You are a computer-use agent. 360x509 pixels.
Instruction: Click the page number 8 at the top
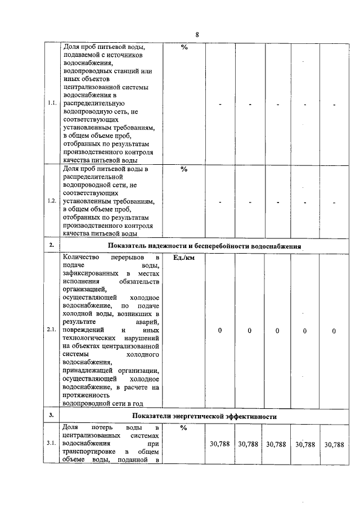click(x=197, y=35)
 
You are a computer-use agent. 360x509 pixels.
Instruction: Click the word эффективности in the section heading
click(x=250, y=416)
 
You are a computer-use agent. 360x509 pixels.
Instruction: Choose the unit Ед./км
click(x=183, y=258)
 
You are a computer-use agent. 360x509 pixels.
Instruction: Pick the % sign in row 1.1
click(x=183, y=47)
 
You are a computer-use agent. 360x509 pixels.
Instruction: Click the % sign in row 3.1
click(x=183, y=428)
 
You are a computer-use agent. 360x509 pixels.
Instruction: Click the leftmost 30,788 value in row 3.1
click(x=219, y=444)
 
